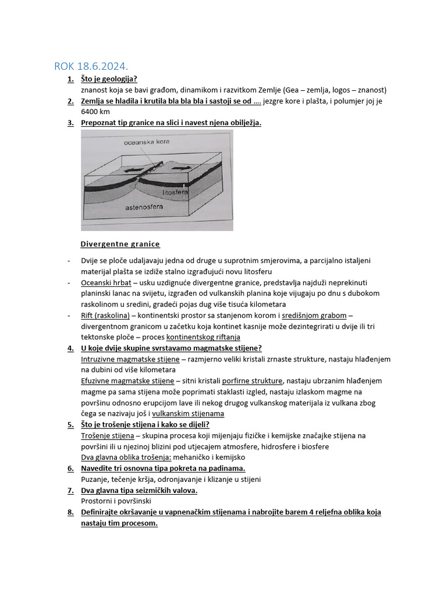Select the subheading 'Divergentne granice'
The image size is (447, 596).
[x=120, y=244]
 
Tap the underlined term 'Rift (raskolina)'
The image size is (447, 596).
[x=105, y=315]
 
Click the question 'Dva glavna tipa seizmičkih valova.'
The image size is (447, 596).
[x=139, y=490]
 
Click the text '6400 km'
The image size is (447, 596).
[x=95, y=112]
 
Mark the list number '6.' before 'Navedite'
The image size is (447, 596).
[x=70, y=469]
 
